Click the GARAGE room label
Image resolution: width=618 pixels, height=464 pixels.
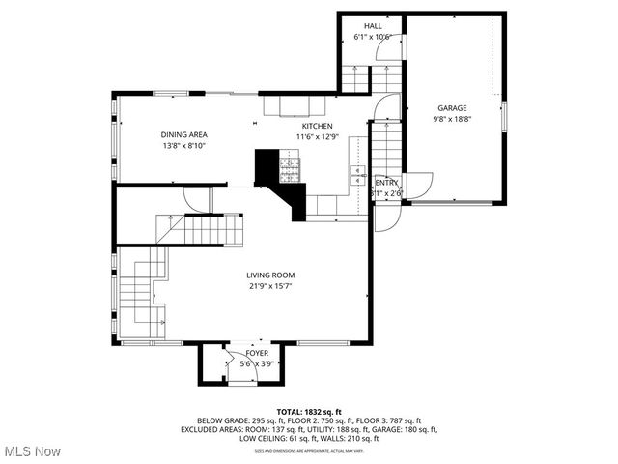tap(452, 108)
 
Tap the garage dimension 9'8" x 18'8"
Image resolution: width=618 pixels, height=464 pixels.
tap(452, 119)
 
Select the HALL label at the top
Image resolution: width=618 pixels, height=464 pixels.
tap(373, 26)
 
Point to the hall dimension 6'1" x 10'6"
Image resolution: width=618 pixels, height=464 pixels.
tap(373, 37)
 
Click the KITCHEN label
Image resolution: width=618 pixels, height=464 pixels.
tap(317, 127)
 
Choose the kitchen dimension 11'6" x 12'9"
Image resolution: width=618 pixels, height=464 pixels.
tap(317, 137)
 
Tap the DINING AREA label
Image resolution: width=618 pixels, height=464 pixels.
tap(183, 134)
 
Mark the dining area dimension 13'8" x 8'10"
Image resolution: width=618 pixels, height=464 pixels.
tap(183, 145)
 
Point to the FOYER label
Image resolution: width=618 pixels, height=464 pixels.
tap(243, 354)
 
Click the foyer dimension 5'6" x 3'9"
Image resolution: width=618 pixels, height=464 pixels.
tap(243, 364)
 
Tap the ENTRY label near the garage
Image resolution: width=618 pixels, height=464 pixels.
tap(386, 182)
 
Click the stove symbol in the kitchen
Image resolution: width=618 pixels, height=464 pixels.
tap(290, 171)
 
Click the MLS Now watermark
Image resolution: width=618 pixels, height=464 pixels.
tap(31, 451)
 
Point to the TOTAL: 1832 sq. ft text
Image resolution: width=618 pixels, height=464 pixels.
tap(309, 411)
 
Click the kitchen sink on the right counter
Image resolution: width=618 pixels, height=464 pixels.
tap(355, 174)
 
